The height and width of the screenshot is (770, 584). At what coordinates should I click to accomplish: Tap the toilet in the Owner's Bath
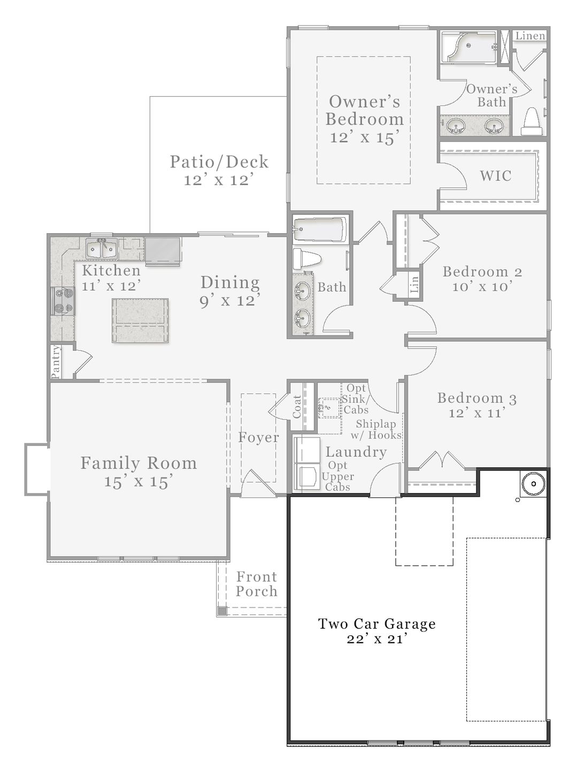(531, 121)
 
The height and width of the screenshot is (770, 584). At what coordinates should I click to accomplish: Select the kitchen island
(140, 320)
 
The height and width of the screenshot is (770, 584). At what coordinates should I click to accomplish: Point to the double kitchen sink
(102, 249)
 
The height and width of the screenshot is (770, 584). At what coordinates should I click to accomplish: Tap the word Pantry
(56, 361)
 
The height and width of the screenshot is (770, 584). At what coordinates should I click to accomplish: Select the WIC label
(495, 176)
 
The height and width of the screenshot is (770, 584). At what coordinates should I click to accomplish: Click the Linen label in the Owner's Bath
(531, 36)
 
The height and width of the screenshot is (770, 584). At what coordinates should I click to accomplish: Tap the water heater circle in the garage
(534, 484)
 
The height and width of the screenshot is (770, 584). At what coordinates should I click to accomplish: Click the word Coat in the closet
(297, 407)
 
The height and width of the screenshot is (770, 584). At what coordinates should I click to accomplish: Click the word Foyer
(259, 437)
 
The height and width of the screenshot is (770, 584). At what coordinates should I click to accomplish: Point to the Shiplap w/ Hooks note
(376, 429)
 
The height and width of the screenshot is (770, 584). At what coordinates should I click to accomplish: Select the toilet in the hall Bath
(307, 258)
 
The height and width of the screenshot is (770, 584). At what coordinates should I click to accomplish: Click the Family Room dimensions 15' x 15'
(139, 481)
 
